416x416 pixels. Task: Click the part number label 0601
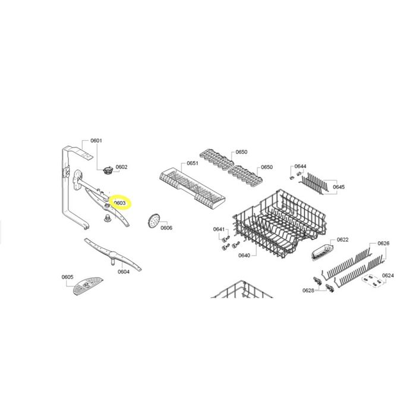96,141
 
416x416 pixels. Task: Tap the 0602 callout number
121,167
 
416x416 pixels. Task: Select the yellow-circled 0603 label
119,203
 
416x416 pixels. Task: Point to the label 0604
124,272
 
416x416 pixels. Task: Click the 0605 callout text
67,277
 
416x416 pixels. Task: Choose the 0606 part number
166,228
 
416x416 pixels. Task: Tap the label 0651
193,163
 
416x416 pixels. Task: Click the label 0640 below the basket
244,255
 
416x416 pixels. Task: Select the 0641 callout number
219,229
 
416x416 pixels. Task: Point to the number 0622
342,239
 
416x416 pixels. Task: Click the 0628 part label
308,291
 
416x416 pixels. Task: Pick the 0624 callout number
388,276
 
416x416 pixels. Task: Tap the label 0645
339,187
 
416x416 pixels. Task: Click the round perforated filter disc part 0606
153,220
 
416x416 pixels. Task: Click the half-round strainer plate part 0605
87,285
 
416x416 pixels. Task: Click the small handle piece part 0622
323,251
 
